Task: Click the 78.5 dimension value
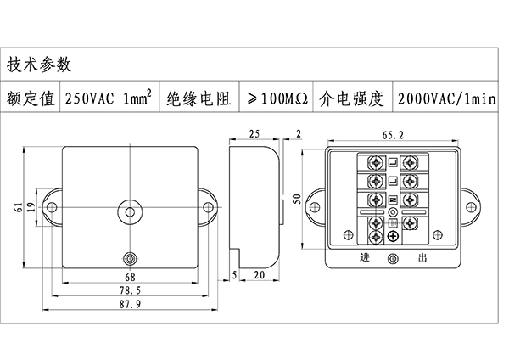pos(130,290)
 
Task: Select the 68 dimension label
pos(130,277)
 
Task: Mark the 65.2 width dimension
pos(393,134)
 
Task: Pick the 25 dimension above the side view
pos(255,134)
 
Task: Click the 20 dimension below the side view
pos(258,276)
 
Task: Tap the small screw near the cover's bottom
pos(130,258)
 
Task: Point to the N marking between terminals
pos(393,198)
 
